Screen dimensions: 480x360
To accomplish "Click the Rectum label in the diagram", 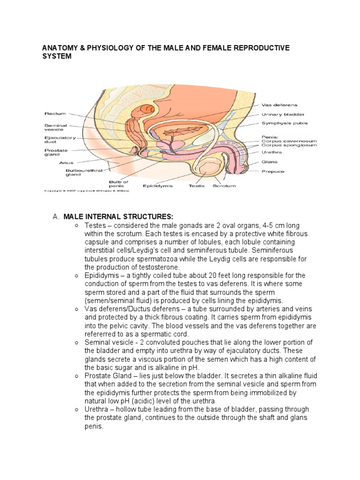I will pos(55,113).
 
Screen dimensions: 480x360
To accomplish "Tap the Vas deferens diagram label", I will pos(279,105).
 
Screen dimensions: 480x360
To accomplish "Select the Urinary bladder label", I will pos(282,114).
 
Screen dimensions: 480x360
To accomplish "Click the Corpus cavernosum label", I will pos(289,141).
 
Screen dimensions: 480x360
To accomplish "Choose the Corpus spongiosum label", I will pos(289,145).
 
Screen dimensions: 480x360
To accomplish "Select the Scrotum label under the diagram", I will pos(225,186).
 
